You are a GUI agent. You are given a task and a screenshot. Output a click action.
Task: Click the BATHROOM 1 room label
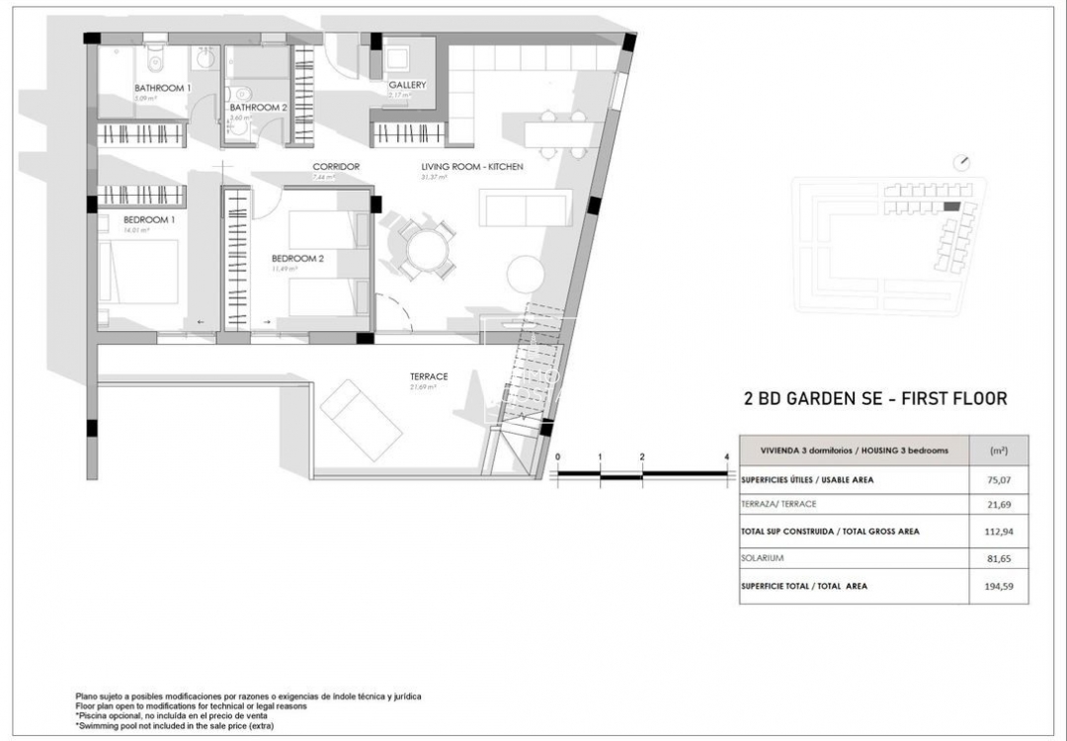pos(162,88)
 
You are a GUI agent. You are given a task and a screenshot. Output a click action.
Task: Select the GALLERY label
pos(407,85)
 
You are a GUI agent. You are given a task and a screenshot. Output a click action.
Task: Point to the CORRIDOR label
pos(336,166)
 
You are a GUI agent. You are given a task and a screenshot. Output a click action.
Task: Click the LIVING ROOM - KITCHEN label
pos(472,166)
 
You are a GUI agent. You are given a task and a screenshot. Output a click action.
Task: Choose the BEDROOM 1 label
pos(149,219)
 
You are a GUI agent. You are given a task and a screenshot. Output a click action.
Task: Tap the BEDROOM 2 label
pos(297,259)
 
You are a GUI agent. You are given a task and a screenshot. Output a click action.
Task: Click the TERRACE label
pos(430,376)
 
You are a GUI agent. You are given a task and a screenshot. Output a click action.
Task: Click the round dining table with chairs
pos(428,248)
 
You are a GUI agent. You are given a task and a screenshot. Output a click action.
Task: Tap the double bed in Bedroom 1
pos(141,272)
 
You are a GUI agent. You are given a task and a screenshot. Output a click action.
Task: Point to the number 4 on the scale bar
pos(726,456)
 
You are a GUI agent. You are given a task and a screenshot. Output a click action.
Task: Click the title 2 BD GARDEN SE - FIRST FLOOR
pos(874,399)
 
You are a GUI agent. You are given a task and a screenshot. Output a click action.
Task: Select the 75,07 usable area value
pos(999,481)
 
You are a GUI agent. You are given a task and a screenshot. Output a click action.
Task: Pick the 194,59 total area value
pos(999,586)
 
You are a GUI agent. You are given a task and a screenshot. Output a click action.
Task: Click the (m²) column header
pos(999,451)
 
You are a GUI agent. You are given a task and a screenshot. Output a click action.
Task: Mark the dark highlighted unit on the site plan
pos(951,206)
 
